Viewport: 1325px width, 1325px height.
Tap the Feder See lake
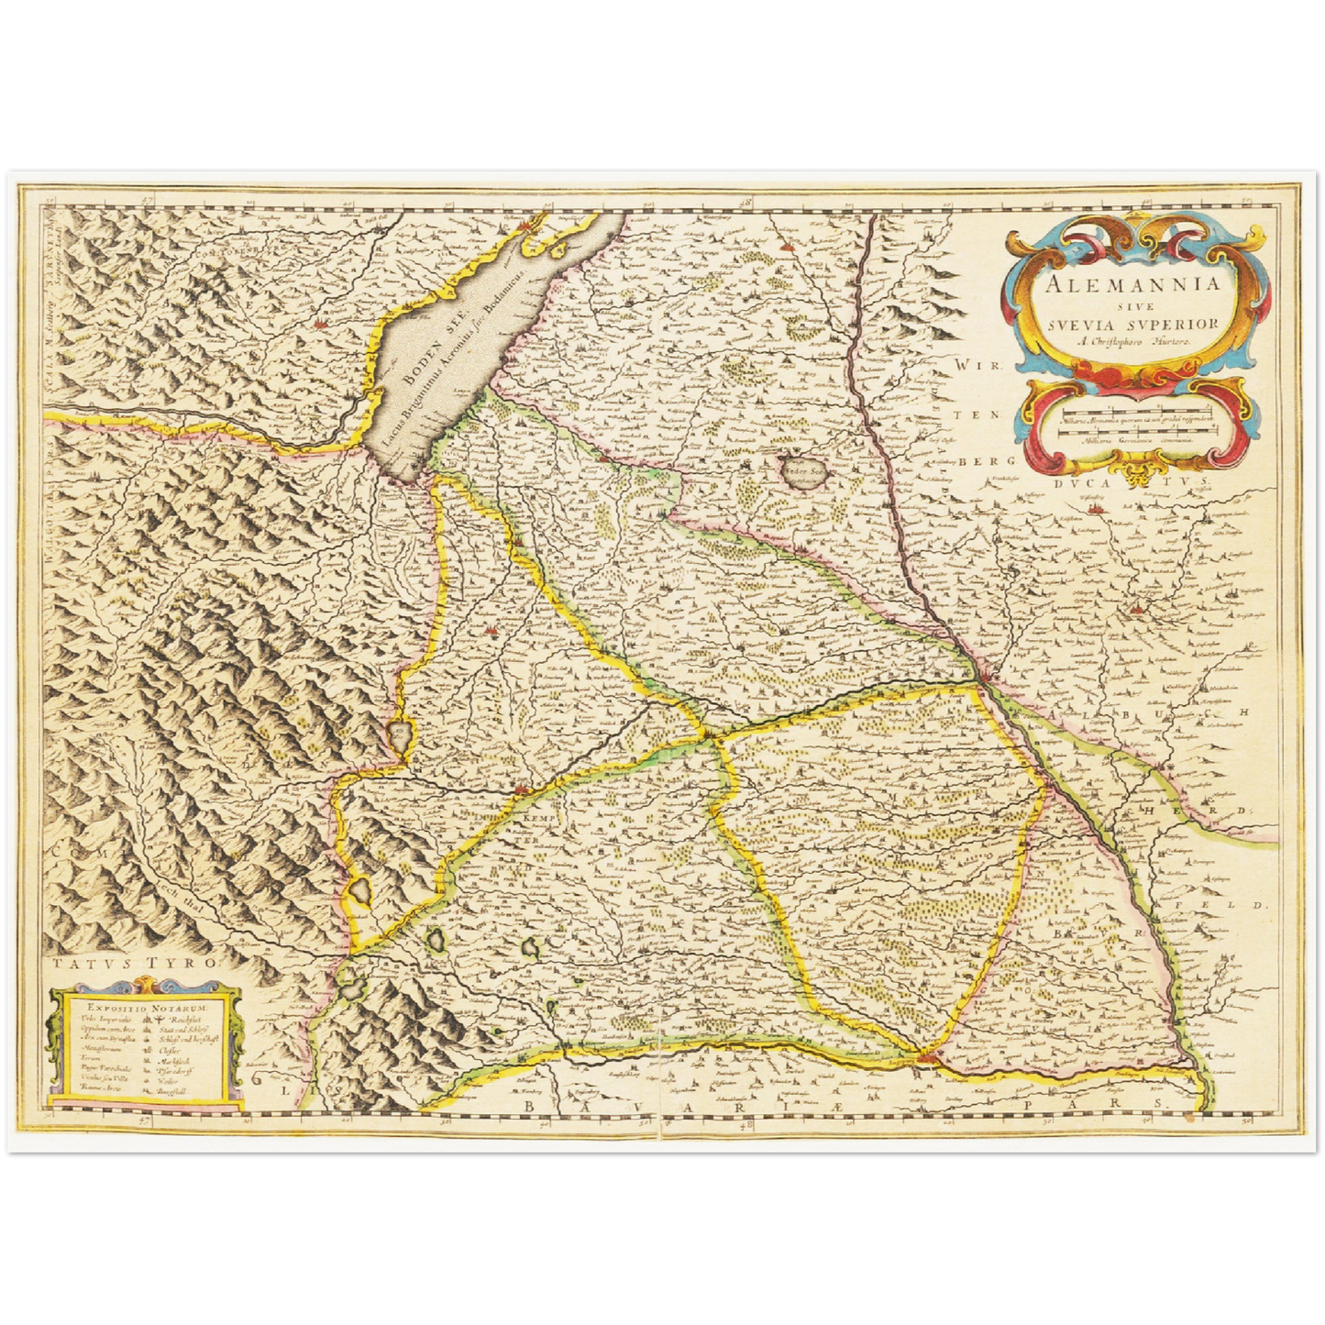click(806, 472)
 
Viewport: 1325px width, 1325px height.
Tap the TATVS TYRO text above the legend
click(132, 964)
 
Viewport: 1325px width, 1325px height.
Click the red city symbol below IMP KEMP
click(522, 788)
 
